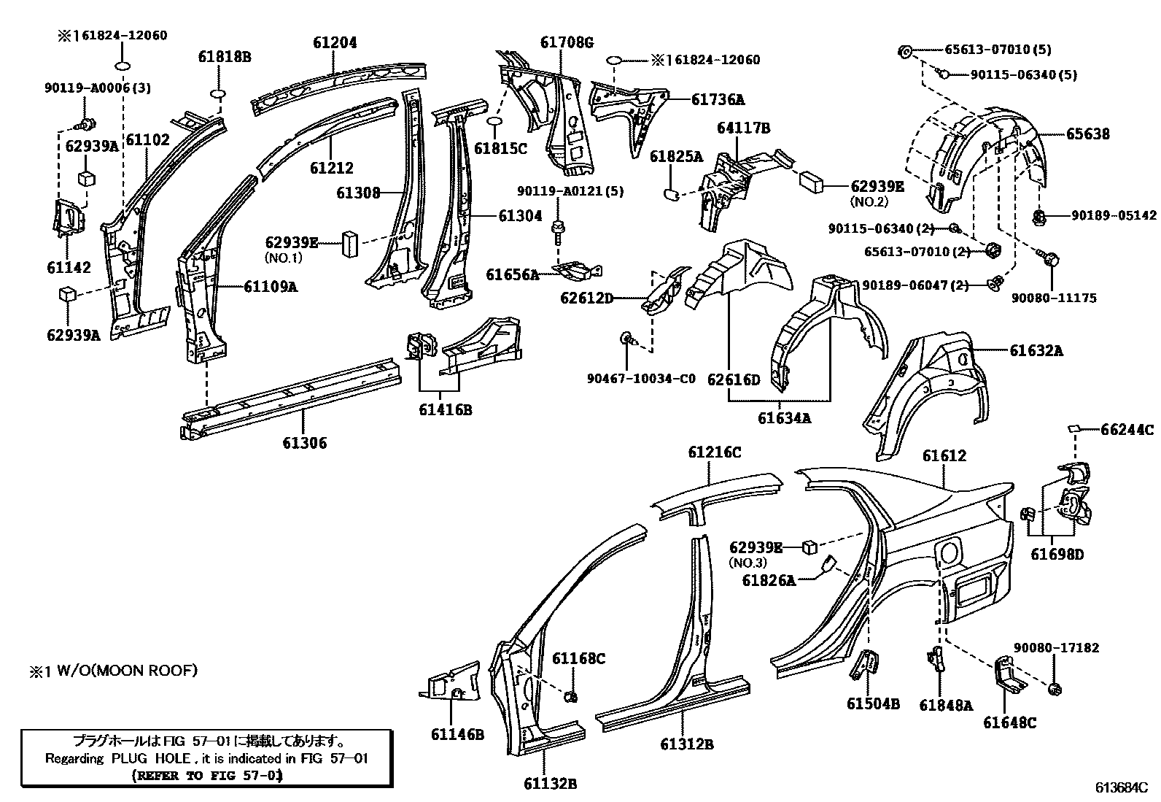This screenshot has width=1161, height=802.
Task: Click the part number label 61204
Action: (335, 42)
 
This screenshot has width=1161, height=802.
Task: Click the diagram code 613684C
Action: (1121, 787)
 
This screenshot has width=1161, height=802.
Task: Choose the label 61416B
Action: (445, 409)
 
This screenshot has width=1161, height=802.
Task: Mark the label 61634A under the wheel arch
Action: (784, 417)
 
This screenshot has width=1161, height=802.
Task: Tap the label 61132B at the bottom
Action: (550, 784)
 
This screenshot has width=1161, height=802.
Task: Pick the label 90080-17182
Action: (1056, 647)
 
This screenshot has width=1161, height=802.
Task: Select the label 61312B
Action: (686, 744)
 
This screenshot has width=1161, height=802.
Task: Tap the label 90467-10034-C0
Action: (641, 378)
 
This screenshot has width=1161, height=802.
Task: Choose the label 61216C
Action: (714, 452)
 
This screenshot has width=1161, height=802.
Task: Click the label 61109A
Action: (271, 287)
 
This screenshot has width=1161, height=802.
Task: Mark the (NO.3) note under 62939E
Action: (748, 563)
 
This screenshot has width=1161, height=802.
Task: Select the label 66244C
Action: (1127, 430)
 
